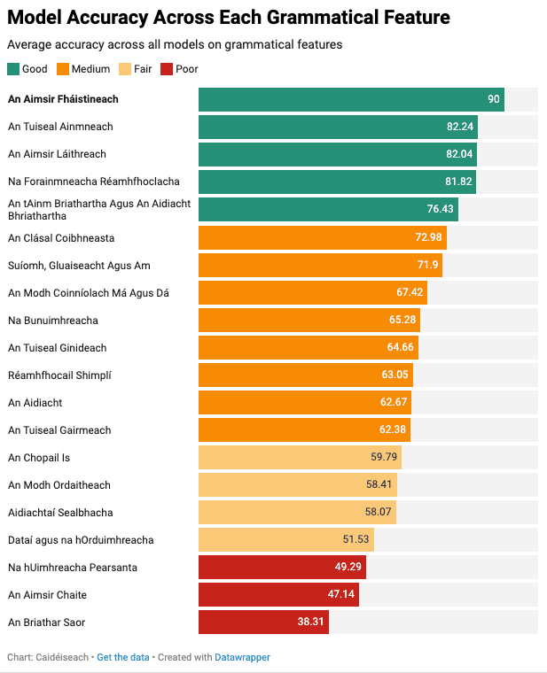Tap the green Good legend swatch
(x=12, y=69)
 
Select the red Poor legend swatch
(x=167, y=69)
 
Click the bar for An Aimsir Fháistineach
(x=351, y=100)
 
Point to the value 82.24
(x=460, y=128)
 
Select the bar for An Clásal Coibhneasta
(x=322, y=237)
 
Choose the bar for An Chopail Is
(x=300, y=458)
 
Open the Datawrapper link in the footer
(x=242, y=658)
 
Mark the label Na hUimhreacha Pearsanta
(x=73, y=568)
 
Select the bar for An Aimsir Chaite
(x=278, y=595)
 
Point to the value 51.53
(x=356, y=540)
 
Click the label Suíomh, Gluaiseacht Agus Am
(x=79, y=266)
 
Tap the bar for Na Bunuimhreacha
(x=309, y=321)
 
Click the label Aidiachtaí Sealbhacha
(x=60, y=513)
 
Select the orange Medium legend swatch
(x=63, y=69)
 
